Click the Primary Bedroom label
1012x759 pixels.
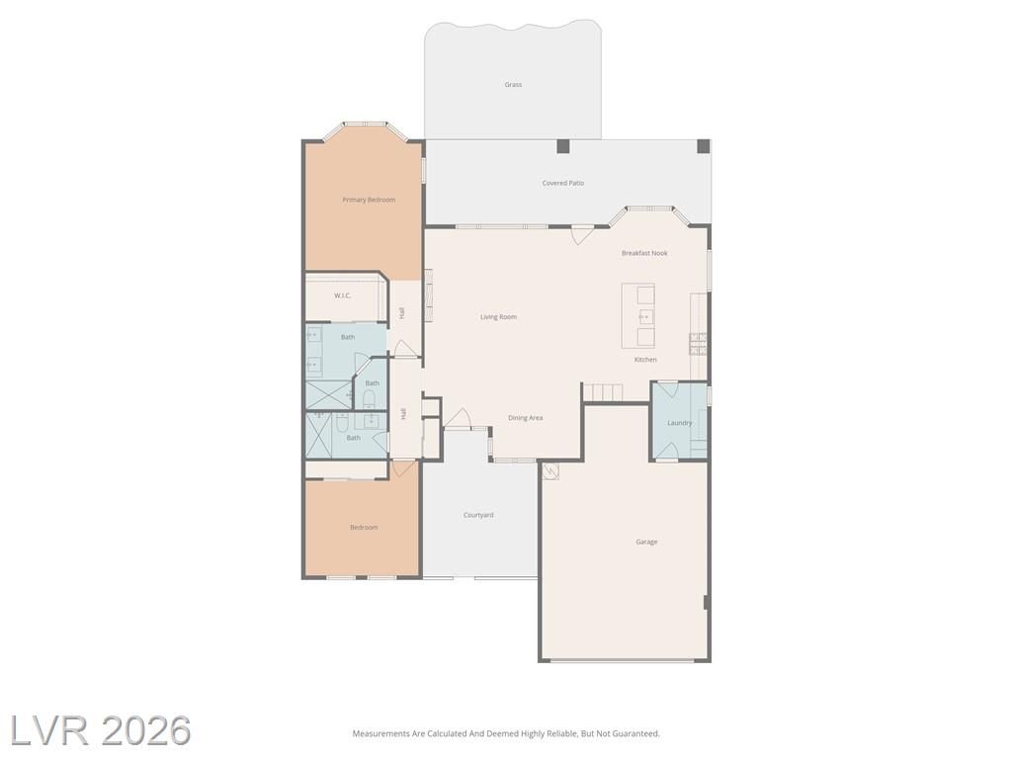(x=369, y=200)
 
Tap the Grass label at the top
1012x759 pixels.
(x=513, y=85)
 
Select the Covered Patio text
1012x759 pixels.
(x=562, y=183)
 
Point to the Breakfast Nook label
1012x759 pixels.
(x=644, y=253)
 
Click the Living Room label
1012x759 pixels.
(x=498, y=317)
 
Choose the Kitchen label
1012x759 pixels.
(x=645, y=360)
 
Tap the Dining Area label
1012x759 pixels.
(x=525, y=418)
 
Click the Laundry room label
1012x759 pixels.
(x=679, y=423)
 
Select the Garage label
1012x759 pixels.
(x=646, y=543)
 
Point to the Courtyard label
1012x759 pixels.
(x=478, y=515)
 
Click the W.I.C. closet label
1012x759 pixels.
(x=342, y=295)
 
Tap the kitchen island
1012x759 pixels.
(x=638, y=315)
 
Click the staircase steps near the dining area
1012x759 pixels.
(x=603, y=392)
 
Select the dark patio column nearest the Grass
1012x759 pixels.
(x=563, y=146)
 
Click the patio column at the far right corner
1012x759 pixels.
(x=704, y=146)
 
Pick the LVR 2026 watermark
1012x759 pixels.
(x=101, y=730)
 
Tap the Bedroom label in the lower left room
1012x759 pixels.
(x=364, y=528)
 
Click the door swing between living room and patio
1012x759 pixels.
(x=582, y=234)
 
